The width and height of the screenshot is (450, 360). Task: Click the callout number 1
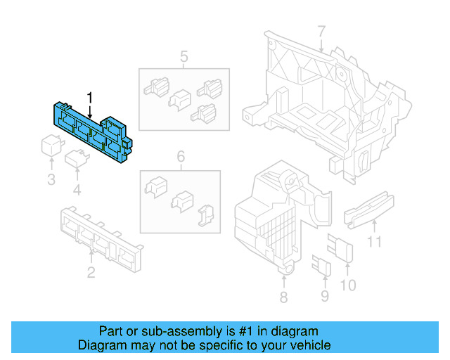click(x=89, y=96)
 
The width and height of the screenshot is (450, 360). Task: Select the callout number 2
click(x=91, y=272)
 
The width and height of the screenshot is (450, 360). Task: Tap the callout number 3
click(x=51, y=180)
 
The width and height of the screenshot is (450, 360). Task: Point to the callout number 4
click(x=77, y=190)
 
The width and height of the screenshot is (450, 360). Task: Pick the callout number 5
click(x=184, y=56)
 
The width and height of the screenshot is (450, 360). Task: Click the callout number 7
click(x=321, y=32)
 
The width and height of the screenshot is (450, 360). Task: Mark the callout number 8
click(x=283, y=297)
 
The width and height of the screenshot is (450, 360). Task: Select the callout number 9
click(x=324, y=296)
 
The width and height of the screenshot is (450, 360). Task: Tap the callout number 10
click(x=349, y=285)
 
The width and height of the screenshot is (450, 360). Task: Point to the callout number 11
click(x=375, y=243)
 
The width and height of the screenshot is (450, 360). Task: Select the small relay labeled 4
click(x=76, y=160)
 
